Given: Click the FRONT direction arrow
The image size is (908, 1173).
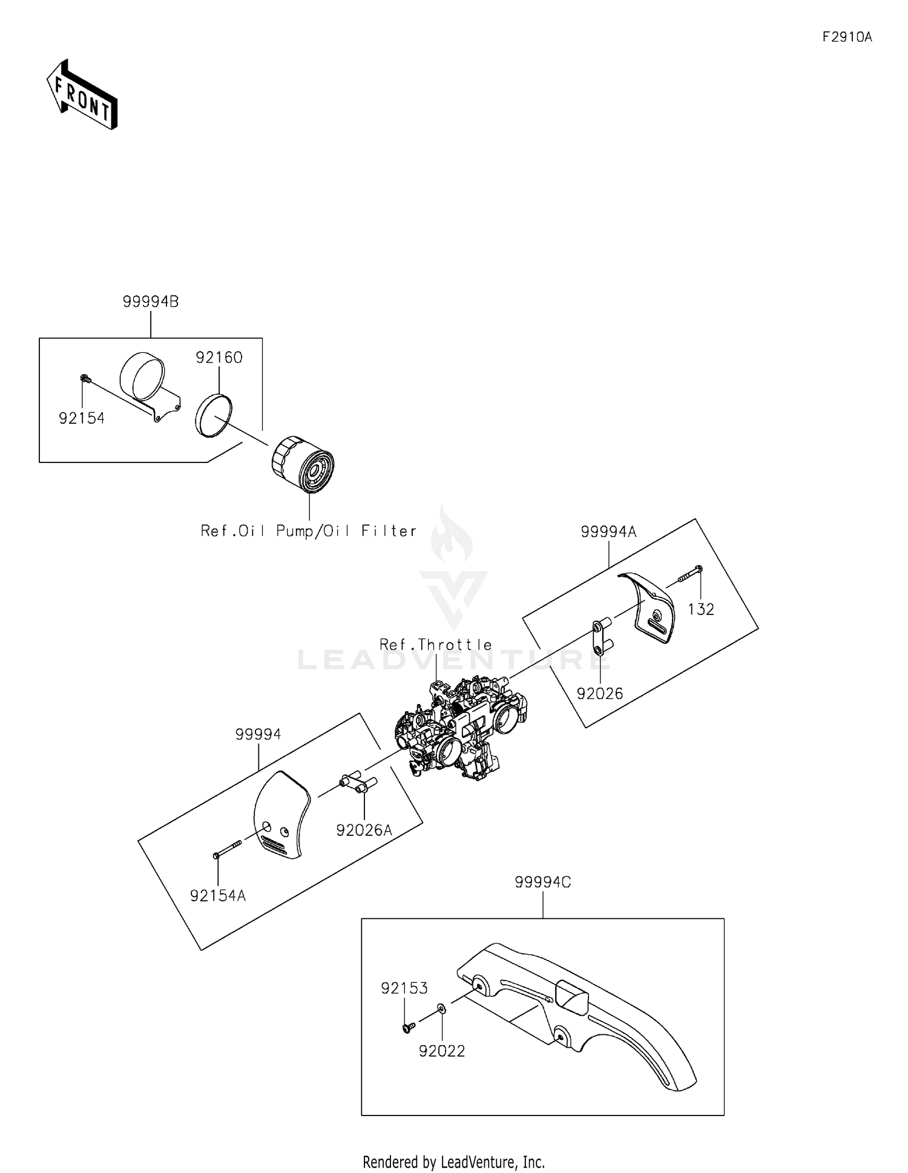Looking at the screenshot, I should click(82, 94).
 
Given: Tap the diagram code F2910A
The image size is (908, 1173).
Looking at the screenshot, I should click(847, 37).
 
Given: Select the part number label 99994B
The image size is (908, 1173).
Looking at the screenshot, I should click(151, 301).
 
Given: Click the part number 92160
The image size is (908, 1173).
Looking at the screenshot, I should click(219, 358).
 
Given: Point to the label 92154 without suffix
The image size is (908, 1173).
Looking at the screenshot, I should click(82, 418).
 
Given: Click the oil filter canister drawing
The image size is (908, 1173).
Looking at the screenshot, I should click(303, 464).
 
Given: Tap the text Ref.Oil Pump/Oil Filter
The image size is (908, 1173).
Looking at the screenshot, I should click(309, 531).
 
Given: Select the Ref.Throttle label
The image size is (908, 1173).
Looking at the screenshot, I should click(436, 645).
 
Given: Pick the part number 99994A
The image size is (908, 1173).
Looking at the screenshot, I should click(608, 531).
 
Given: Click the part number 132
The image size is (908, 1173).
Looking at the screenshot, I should click(701, 609).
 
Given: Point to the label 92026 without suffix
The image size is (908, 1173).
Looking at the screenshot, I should click(600, 694).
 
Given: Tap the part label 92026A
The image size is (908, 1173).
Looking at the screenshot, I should click(364, 830).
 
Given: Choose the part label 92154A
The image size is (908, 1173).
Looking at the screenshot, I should click(218, 896).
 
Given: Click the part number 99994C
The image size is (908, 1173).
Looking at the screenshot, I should click(543, 882).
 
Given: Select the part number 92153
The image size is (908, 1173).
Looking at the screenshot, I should click(404, 988).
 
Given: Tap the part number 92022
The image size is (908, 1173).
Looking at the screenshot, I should click(442, 1051).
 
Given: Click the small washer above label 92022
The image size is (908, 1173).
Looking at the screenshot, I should click(441, 1008).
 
